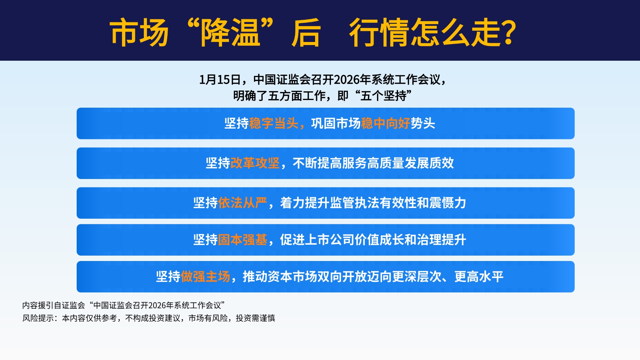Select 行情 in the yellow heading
[x=379, y=32]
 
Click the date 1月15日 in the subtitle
[x=220, y=80]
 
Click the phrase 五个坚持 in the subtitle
[x=384, y=96]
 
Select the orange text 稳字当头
[x=274, y=123]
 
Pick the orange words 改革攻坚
[x=255, y=163]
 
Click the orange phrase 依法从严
[x=243, y=203]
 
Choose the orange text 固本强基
[x=243, y=240]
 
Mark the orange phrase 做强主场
[x=205, y=277]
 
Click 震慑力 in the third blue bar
[x=448, y=203]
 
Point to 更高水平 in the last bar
[x=479, y=277]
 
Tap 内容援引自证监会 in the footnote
[x=54, y=305]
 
